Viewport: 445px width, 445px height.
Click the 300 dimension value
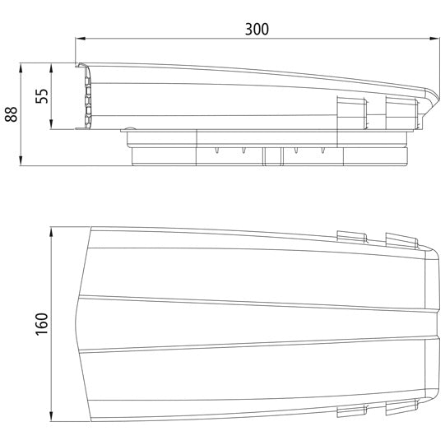(x=257, y=28)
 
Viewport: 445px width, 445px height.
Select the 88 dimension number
(x=11, y=114)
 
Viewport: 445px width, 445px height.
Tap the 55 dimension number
(x=42, y=95)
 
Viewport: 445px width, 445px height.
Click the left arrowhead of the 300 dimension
(x=81, y=38)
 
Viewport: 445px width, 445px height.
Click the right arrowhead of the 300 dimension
(x=436, y=38)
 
